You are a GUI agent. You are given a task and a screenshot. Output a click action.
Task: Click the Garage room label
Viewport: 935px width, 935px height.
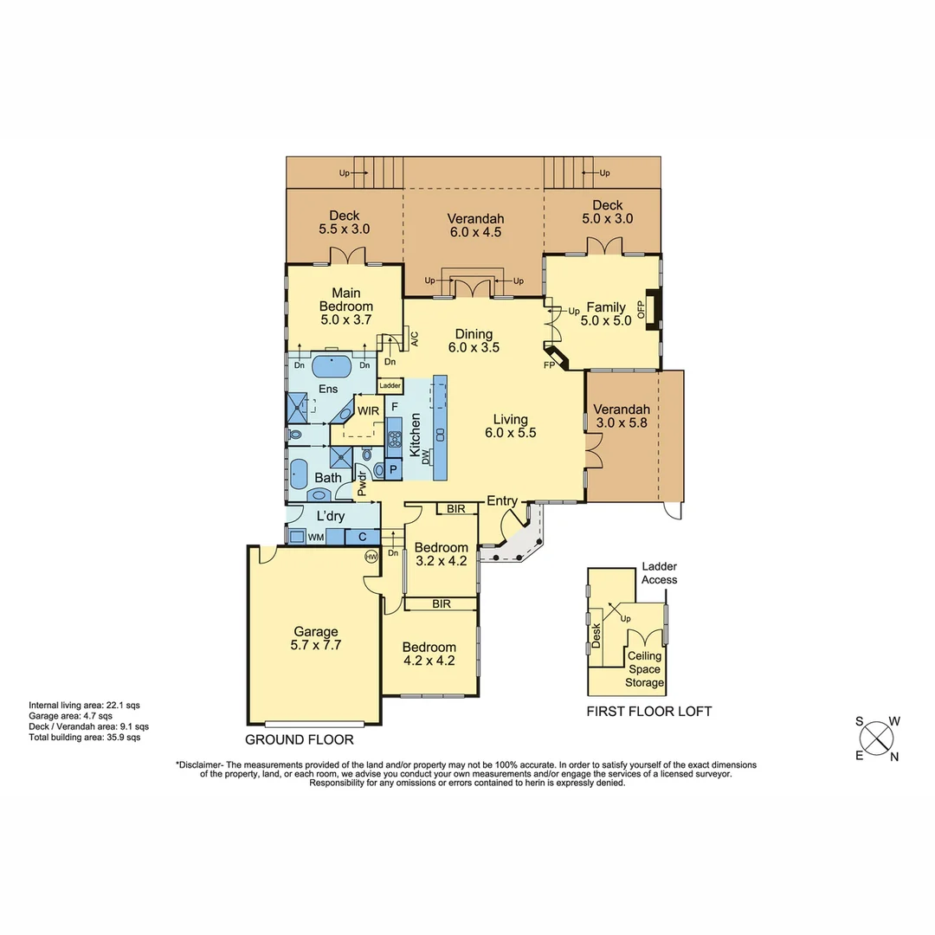tap(314, 638)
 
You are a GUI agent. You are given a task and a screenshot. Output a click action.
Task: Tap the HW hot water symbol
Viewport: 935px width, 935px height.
tap(371, 557)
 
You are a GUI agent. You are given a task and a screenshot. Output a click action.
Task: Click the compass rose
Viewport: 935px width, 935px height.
tap(877, 738)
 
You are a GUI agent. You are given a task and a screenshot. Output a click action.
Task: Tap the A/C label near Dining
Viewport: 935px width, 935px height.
tap(414, 338)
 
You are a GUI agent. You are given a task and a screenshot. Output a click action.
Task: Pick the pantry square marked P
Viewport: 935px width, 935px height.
tap(394, 468)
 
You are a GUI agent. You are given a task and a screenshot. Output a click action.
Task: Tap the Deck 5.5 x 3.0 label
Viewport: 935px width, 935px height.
tap(344, 222)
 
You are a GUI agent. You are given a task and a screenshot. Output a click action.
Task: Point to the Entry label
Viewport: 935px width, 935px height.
tap(502, 501)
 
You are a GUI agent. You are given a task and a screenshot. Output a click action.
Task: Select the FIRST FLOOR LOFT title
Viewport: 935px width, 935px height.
tap(649, 711)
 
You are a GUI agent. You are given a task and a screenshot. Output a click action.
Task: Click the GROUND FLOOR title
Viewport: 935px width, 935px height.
tap(300, 740)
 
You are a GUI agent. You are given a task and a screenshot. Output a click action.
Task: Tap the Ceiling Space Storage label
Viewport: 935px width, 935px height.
tap(645, 669)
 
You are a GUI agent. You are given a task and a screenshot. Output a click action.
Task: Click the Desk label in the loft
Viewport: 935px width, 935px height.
tap(596, 636)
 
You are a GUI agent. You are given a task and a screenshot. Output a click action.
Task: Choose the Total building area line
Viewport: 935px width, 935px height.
tap(84, 738)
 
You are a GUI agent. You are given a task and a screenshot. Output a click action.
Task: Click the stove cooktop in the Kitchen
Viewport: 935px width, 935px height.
tap(394, 436)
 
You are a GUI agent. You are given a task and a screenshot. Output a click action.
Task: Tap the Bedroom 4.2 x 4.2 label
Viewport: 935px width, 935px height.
tap(429, 654)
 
